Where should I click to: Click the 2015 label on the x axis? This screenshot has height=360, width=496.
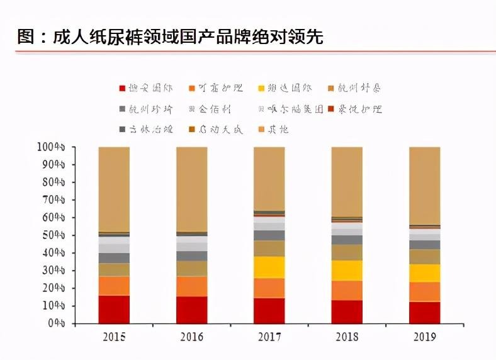click(113, 337)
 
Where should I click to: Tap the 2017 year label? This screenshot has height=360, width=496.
click(269, 337)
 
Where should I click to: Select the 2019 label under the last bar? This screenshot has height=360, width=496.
click(425, 337)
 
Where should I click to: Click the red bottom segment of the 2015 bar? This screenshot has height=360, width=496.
click(114, 309)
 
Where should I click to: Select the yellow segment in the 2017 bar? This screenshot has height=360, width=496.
click(269, 267)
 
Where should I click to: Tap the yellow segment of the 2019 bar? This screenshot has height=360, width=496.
click(425, 273)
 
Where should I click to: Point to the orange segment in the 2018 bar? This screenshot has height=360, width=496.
click(347, 290)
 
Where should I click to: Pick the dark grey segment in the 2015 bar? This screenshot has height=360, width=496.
click(114, 258)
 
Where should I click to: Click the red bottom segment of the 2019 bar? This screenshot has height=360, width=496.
click(425, 312)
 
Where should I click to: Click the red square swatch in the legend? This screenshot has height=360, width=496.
click(122, 89)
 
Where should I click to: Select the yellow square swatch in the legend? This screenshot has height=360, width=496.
click(262, 89)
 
